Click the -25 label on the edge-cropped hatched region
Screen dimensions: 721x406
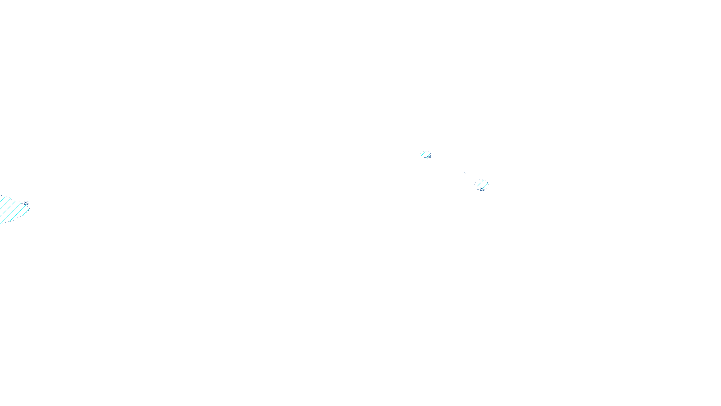point(25,203)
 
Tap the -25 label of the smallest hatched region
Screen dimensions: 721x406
point(428,158)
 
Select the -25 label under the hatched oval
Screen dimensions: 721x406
point(480,189)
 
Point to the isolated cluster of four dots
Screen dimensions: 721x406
point(464,173)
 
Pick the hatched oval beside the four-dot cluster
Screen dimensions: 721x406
point(482,184)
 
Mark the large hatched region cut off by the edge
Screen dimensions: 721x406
point(13,209)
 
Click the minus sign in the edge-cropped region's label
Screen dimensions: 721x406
point(22,203)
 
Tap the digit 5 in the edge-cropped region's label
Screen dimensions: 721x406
point(27,203)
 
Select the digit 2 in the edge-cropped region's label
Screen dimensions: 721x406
point(25,203)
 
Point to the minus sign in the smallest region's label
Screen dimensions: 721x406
point(425,158)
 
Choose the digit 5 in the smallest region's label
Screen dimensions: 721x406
point(430,158)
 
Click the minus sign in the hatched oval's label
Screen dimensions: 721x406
point(478,189)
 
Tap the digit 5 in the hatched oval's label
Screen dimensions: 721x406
point(483,189)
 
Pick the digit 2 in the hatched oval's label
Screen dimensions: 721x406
point(480,189)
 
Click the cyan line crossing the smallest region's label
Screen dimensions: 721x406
point(429,156)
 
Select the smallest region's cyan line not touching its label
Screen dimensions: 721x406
point(423,153)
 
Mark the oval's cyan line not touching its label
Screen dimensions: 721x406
point(479,183)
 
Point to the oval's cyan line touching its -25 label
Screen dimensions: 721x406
point(485,185)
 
